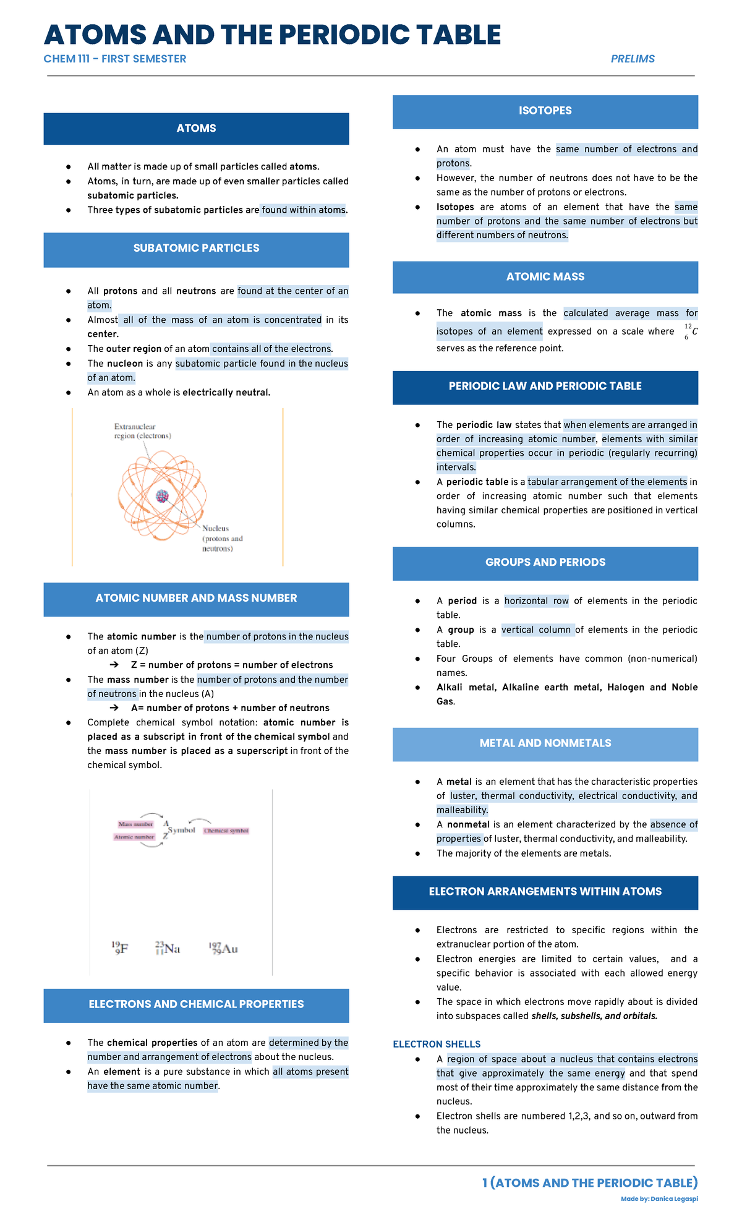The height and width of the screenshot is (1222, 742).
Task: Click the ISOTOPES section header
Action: [x=545, y=111]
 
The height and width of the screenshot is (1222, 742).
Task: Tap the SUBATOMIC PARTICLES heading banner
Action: [x=196, y=249]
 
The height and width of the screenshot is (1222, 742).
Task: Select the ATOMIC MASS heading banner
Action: [x=545, y=277]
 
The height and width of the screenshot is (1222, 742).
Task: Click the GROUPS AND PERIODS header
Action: [x=545, y=563]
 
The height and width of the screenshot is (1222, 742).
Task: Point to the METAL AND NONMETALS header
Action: [x=545, y=743]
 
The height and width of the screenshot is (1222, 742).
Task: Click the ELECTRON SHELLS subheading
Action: [x=437, y=1044]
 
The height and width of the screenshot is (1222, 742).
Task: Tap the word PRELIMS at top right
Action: [x=633, y=59]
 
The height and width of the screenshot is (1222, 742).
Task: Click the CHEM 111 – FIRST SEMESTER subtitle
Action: [x=115, y=59]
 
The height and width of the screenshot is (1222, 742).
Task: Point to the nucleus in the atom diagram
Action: [x=162, y=495]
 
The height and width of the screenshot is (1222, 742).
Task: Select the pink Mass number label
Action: [x=135, y=824]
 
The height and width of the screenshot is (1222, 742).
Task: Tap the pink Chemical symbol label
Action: [x=226, y=831]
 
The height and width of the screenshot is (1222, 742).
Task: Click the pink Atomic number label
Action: [x=134, y=837]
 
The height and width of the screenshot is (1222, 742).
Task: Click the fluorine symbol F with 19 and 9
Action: [x=120, y=948]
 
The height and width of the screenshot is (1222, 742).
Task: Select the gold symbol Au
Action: [x=223, y=948]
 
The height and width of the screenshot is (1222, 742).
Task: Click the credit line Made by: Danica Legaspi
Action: [x=659, y=1198]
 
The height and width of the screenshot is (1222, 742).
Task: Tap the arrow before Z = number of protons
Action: [x=114, y=665]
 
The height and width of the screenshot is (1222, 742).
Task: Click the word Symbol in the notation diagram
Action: [x=182, y=830]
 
